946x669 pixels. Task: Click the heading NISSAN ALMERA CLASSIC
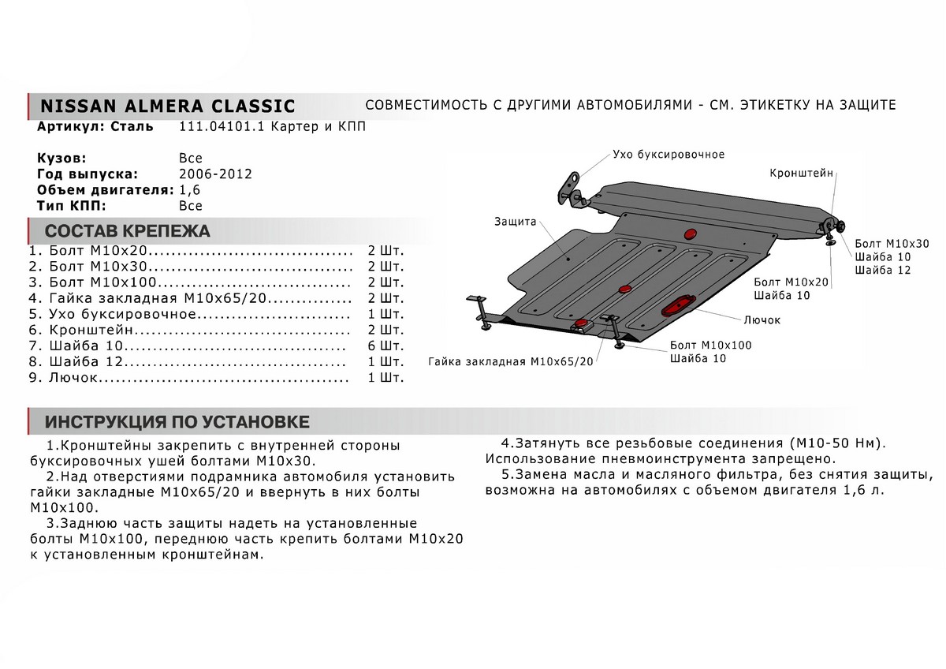pos(167,106)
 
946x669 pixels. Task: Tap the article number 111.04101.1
pos(213,127)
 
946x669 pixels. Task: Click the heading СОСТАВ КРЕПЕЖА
pos(127,231)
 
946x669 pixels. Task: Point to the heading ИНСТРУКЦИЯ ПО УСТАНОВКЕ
pos(177,420)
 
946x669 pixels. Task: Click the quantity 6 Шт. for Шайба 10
pos(385,346)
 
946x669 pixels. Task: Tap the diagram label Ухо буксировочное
pos(668,154)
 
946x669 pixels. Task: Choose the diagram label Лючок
pos(761,320)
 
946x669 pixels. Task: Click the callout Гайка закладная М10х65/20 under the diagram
pos(510,361)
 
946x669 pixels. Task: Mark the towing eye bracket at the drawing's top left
pos(572,188)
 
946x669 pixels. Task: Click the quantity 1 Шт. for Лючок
pos(385,378)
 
